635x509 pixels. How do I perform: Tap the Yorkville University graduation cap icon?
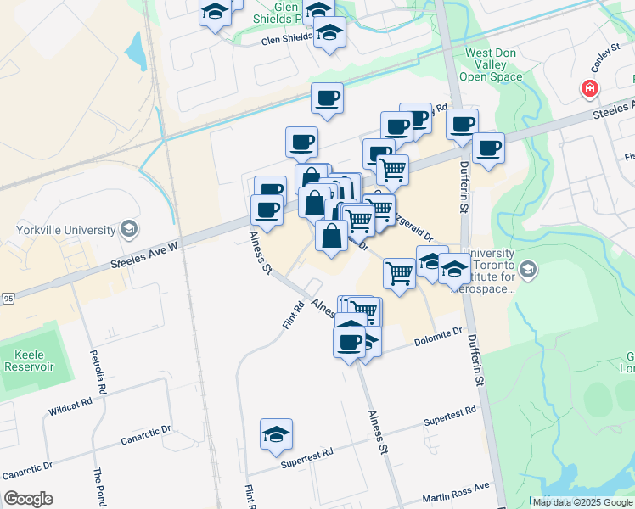tap(128, 228)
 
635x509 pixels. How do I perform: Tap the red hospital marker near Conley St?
tap(588, 88)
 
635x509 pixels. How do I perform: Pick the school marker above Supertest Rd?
tap(277, 435)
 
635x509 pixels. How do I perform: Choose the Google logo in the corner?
tap(28, 499)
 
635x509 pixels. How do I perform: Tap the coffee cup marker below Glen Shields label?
tap(327, 99)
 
